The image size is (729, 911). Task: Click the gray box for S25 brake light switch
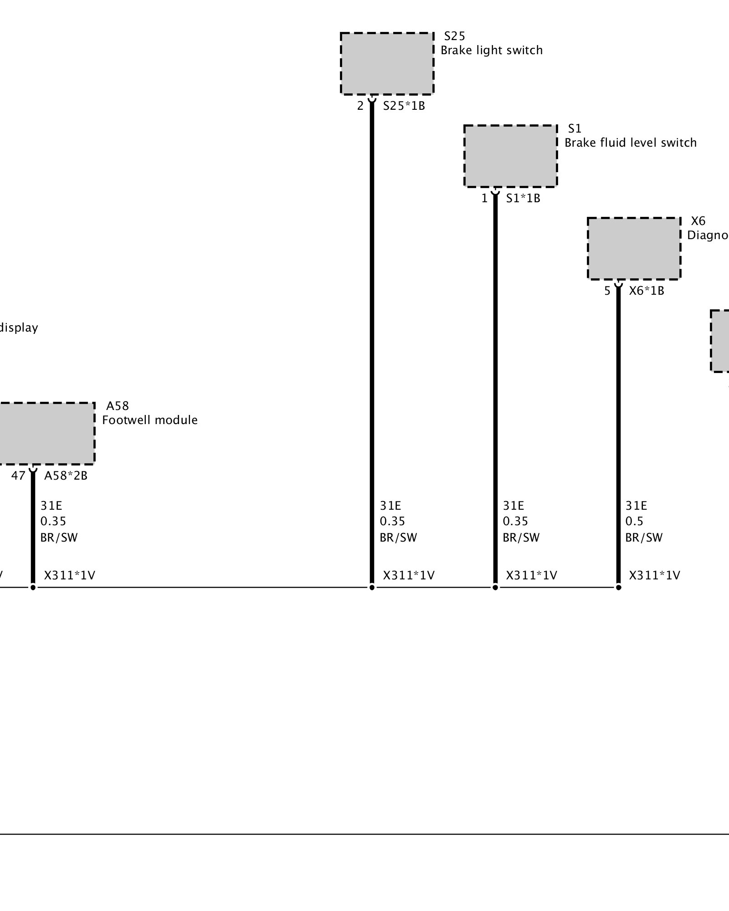pos(387,63)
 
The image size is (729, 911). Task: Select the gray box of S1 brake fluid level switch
pos(510,156)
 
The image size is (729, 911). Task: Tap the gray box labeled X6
pos(634,248)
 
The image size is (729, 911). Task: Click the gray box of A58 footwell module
pos(46,433)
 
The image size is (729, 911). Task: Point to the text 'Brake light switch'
pos(492,50)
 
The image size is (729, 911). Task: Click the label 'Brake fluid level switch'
pos(631,143)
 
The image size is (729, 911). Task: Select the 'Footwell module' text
pos(150,420)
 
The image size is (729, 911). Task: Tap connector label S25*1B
pos(404,106)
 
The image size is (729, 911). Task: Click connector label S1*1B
pos(523,199)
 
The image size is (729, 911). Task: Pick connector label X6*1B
pos(647,291)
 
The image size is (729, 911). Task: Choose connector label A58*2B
pos(66,476)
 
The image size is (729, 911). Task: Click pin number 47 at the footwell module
pos(18,476)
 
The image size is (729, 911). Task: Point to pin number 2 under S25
pos(360,106)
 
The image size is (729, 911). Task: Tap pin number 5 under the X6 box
pos(607,291)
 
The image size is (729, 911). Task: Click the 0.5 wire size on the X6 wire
pos(634,521)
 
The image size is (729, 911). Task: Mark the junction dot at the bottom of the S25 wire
pos(372,588)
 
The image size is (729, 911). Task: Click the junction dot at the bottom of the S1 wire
pos(495,588)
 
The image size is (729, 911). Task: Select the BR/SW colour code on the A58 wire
pos(59,537)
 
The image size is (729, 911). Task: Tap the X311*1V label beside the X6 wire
pos(654,576)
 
